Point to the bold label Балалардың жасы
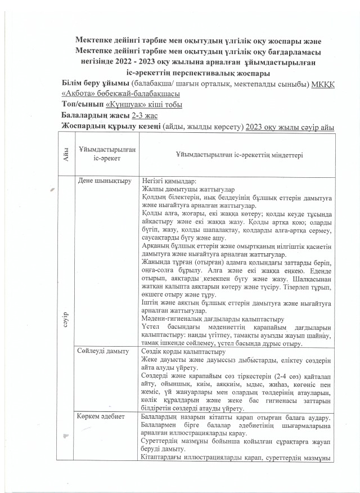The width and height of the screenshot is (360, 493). tap(95, 115)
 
